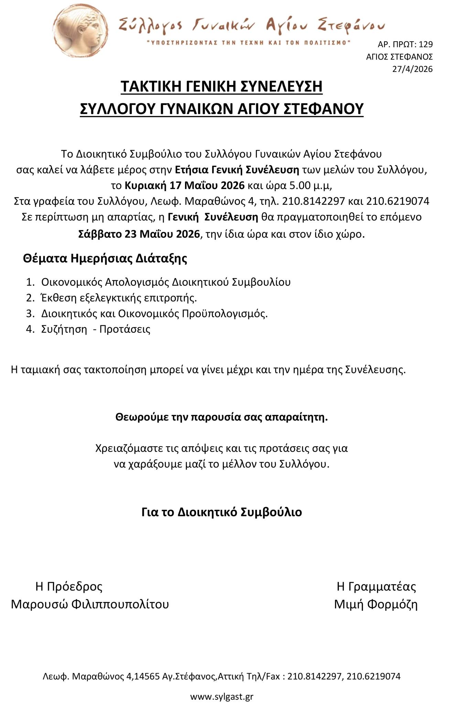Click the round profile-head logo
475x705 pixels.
[x=81, y=32]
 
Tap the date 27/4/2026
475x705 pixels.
[x=412, y=69]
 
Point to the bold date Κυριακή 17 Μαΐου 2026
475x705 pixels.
[x=184, y=186]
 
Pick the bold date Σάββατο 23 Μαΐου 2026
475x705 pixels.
[x=139, y=234]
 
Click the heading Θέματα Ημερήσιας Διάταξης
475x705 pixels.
[x=105, y=258]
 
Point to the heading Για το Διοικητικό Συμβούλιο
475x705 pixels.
[x=222, y=512]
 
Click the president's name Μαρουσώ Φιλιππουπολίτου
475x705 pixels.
[x=90, y=604]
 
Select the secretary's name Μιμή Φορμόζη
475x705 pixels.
[x=376, y=604]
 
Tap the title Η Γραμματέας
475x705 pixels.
[x=376, y=586]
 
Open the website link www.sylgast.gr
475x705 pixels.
[x=222, y=696]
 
